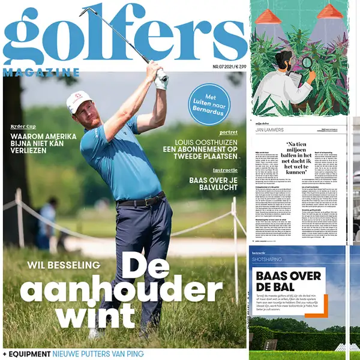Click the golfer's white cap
click(x=79, y=98)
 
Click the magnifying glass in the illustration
click(x=307, y=62)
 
